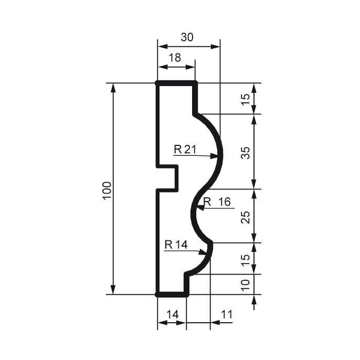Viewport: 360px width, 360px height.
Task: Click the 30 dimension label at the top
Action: tap(187, 37)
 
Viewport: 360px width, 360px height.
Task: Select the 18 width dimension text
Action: tap(175, 58)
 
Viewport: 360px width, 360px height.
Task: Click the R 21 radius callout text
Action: tap(185, 150)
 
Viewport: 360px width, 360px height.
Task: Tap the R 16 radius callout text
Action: tap(217, 202)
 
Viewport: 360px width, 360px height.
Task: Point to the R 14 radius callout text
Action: tap(176, 245)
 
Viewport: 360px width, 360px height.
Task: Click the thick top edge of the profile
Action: tap(176, 83)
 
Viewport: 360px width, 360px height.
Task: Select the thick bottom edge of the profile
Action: tap(172, 294)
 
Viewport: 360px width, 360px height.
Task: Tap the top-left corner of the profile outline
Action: tap(157, 83)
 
